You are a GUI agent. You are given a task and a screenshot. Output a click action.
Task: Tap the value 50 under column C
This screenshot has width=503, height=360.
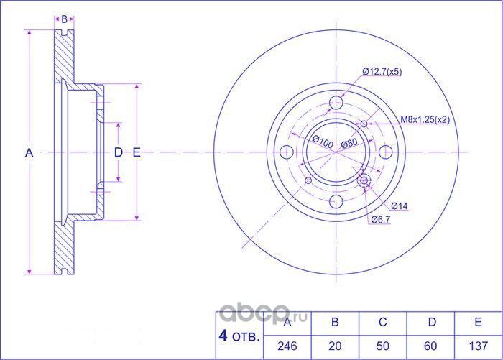click(382, 346)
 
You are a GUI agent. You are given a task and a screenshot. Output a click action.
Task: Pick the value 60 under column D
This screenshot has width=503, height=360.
click(430, 346)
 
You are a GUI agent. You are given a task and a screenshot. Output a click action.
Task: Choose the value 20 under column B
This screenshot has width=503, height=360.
click(335, 346)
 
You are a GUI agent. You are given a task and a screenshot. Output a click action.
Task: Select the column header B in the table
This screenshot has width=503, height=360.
click(335, 323)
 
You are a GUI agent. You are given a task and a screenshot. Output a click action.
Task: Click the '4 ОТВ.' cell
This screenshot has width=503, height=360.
click(239, 334)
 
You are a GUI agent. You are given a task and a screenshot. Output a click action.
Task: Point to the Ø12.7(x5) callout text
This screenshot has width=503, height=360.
click(382, 72)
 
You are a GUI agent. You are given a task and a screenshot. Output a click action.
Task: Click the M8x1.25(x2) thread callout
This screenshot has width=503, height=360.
click(424, 120)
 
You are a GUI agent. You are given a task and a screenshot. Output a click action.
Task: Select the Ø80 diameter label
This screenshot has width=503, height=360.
click(349, 143)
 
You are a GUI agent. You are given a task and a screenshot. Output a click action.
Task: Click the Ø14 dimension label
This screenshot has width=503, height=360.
click(400, 207)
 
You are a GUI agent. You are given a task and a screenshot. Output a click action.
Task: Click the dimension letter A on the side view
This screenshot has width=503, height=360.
click(29, 152)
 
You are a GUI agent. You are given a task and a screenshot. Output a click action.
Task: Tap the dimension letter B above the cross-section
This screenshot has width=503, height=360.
click(64, 19)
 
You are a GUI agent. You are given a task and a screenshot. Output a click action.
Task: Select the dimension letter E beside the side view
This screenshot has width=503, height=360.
click(136, 152)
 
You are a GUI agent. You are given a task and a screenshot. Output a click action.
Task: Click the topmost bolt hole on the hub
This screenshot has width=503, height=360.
click(336, 103)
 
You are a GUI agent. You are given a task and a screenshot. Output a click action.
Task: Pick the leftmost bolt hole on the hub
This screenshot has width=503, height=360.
click(286, 152)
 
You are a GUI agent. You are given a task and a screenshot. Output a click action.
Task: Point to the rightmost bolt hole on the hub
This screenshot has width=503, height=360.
click(386, 152)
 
